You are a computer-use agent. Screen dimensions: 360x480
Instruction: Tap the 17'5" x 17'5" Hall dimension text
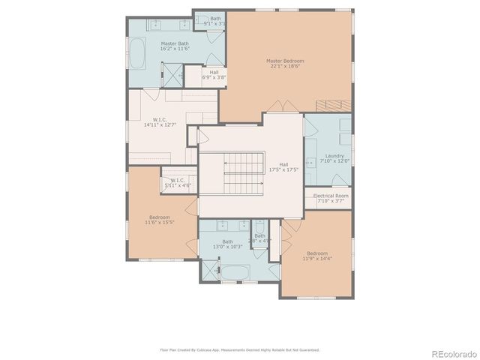click(283, 169)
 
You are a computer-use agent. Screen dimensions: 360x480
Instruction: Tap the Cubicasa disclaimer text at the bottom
click(240, 349)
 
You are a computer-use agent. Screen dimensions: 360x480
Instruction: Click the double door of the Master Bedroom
click(278, 105)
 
